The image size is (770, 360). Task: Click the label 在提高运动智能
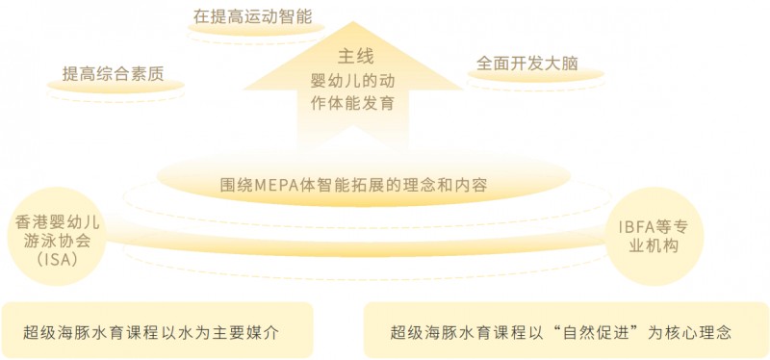coord(253,16)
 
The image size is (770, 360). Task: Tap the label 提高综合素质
coord(115,73)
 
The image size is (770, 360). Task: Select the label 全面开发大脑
coord(526,64)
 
